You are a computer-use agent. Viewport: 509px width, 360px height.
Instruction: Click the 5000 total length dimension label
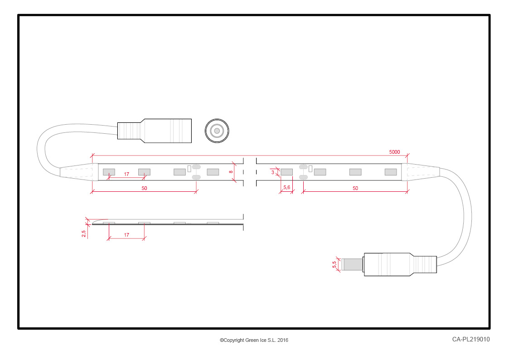[x=394, y=152]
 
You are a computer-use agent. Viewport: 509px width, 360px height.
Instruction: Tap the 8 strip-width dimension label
[x=231, y=172]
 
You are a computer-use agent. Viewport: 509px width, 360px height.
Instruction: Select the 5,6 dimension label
[x=286, y=187]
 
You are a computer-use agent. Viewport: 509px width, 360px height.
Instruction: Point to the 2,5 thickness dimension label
[x=84, y=234]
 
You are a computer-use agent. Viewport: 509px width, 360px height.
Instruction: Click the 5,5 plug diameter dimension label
[x=334, y=265]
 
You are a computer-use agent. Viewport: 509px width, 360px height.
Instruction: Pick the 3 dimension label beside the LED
[x=273, y=172]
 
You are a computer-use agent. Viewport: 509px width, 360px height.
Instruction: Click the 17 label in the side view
[x=126, y=235]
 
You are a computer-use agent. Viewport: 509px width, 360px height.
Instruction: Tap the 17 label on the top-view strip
[x=126, y=174]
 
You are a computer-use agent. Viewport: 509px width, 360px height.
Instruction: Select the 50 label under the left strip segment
[x=144, y=188]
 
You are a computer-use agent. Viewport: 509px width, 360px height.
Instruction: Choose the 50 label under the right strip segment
[x=355, y=188]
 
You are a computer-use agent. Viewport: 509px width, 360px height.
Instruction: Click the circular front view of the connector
[x=217, y=131]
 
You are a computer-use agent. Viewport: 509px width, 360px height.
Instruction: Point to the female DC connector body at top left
[x=155, y=131]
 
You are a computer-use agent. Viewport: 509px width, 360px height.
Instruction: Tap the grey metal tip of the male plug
[x=352, y=265]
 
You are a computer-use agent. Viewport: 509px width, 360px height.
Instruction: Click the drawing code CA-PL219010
[x=470, y=339]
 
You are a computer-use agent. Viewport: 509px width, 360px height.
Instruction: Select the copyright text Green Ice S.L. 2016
[x=267, y=340]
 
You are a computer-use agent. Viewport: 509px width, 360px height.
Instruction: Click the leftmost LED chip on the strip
[x=109, y=172]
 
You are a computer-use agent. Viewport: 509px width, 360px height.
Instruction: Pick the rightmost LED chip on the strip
[x=391, y=172]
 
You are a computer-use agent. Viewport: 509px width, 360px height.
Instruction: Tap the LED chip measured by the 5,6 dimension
[x=286, y=172]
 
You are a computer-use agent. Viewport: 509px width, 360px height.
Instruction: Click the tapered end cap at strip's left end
[x=79, y=172]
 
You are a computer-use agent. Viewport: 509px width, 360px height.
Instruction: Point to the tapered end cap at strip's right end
[x=421, y=172]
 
